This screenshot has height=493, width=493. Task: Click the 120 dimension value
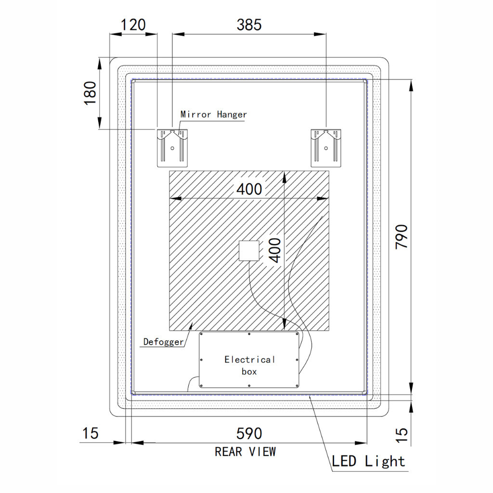point(133,25)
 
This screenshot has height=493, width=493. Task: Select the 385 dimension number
point(249,25)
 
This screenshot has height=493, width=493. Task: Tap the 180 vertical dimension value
point(90,93)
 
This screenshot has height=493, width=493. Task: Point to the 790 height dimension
point(402,236)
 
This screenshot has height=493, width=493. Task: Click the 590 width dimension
point(249,434)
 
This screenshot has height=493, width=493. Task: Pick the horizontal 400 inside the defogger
point(249,189)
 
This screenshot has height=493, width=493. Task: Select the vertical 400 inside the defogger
point(275,250)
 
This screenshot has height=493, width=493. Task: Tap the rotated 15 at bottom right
point(402,435)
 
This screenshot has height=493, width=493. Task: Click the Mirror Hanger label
point(213,114)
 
